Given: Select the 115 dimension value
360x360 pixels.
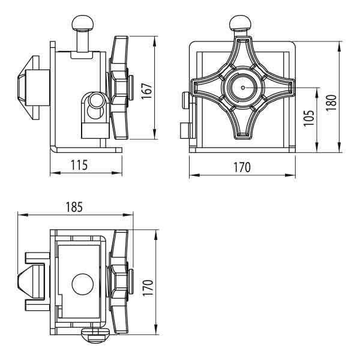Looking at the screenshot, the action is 79,165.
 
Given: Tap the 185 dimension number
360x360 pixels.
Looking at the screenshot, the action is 74,207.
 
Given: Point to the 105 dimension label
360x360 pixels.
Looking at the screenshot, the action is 309,118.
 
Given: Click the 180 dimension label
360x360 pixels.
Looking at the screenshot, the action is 332,102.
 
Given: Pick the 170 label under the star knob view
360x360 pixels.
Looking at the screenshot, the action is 242,167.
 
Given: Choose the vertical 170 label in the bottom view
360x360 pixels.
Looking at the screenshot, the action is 148,287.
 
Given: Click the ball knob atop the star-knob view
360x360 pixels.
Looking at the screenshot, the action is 241,23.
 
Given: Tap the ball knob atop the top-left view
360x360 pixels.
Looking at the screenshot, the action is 83,23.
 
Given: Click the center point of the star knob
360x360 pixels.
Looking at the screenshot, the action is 243,88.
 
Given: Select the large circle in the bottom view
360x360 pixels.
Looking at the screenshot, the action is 83,284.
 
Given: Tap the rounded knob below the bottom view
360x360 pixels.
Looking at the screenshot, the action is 95,335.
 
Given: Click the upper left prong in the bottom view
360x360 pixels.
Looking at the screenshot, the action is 38,257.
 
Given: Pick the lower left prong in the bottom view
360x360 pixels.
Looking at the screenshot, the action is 38,305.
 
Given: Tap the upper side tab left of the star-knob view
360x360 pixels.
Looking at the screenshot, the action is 185,101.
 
